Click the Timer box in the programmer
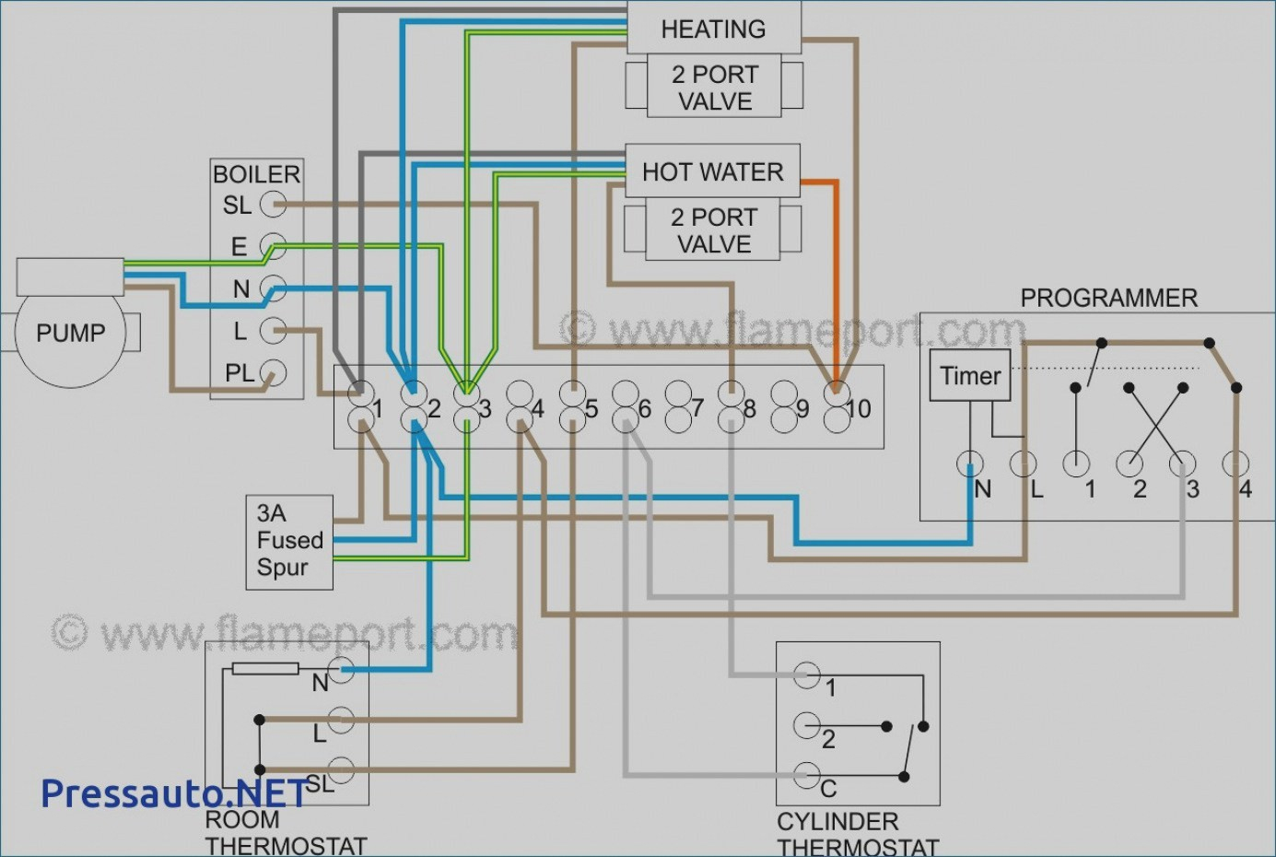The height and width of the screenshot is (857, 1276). pos(969,375)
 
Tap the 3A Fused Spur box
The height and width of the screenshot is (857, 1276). pos(289,542)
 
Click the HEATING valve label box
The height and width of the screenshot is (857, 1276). pos(713,29)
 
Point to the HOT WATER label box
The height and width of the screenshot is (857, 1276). pos(712,171)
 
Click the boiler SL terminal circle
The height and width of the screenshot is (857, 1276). pos(273,204)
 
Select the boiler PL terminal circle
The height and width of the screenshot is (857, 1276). pos(273,373)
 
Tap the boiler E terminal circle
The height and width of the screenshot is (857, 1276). pos(273,246)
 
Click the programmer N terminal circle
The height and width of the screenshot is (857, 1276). pos(969,464)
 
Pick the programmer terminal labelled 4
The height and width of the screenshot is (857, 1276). pos(1235,464)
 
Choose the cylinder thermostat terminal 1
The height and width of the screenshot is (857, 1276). pos(807,675)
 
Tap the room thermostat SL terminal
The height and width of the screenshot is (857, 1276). pos(341,769)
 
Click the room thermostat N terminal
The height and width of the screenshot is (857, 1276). pos(341,670)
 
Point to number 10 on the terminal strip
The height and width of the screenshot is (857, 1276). pos(858,408)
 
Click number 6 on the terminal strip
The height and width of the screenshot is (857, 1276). pos(644,408)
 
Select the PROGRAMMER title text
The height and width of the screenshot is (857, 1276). pos(1108,298)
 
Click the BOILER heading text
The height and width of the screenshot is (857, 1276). pos(256,174)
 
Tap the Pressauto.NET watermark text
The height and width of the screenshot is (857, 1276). pos(174,793)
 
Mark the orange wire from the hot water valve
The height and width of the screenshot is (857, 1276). pos(836,276)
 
